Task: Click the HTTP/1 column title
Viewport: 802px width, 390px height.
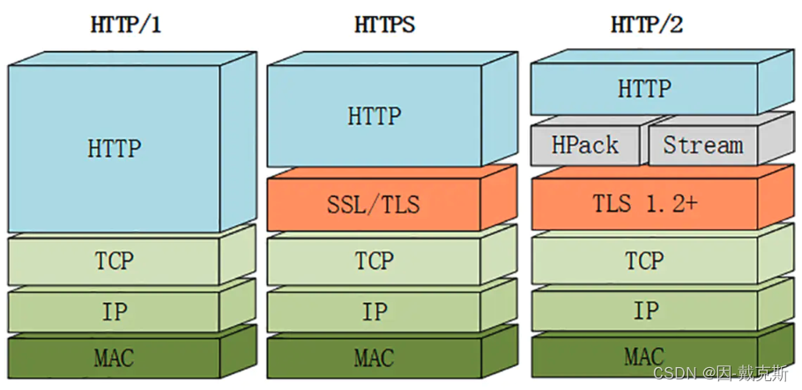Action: pos(127,25)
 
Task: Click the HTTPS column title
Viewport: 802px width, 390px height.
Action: pos(384,25)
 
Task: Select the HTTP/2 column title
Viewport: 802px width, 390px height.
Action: pos(646,25)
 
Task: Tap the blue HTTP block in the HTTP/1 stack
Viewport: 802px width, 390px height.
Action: pos(115,148)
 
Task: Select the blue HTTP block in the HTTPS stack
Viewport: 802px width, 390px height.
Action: pos(375,116)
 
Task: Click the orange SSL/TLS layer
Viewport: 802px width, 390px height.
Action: pos(375,206)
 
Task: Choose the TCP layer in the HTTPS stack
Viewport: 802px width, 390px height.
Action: pos(375,261)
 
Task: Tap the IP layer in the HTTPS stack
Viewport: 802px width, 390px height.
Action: pos(375,311)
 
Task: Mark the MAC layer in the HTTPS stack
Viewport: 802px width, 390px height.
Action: pos(375,357)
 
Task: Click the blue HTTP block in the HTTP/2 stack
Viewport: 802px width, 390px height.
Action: pos(644,89)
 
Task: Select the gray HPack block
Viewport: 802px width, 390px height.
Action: pos(585,145)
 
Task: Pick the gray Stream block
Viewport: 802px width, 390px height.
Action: pos(702,145)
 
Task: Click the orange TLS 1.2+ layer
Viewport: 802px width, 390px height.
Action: pos(644,204)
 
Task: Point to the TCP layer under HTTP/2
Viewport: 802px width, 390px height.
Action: pos(644,261)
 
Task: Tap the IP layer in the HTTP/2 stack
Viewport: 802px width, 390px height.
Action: pos(644,310)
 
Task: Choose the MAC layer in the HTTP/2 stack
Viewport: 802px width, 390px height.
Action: pos(644,357)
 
